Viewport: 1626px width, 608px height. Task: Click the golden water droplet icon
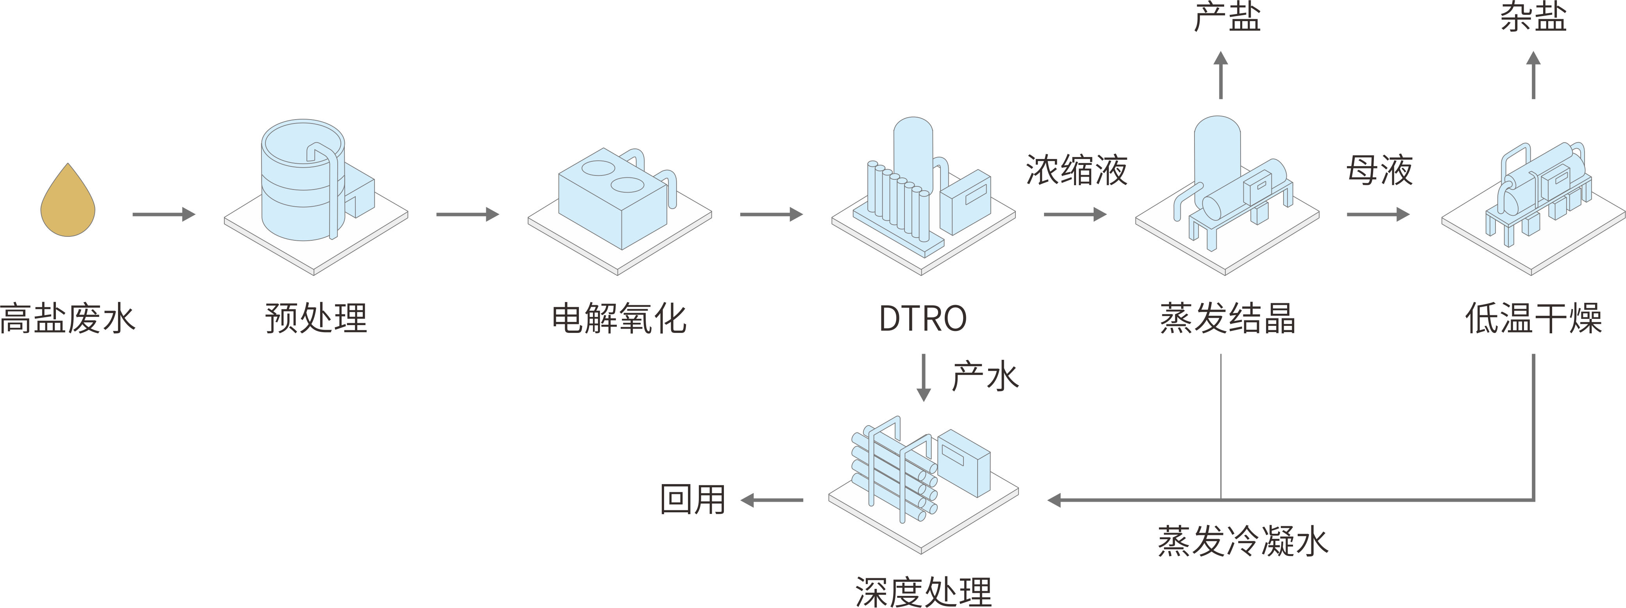(x=68, y=202)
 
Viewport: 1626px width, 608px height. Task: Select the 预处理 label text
(x=315, y=318)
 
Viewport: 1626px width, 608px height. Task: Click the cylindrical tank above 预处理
(x=303, y=180)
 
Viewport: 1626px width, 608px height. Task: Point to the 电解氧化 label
(x=619, y=318)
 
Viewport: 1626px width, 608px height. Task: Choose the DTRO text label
(x=922, y=318)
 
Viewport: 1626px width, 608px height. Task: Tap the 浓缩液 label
(x=1076, y=170)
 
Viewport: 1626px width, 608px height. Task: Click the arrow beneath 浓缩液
(x=1075, y=215)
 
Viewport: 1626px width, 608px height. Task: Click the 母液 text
(x=1379, y=170)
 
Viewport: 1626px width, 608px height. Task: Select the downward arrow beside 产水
(x=924, y=377)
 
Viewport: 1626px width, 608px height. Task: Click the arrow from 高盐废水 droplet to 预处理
(x=163, y=215)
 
